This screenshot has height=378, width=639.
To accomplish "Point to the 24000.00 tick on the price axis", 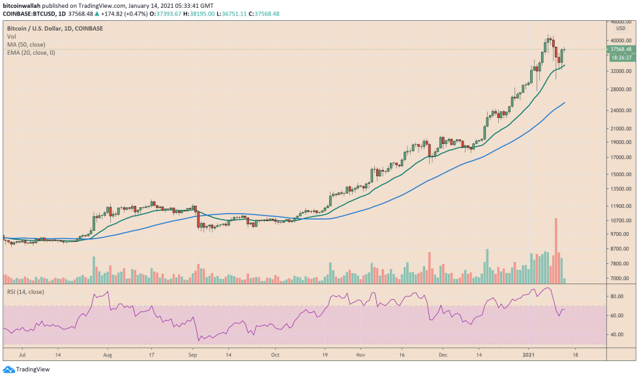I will point(620,111).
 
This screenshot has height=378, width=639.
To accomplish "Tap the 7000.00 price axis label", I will point(620,279).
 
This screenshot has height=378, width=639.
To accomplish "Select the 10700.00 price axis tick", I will point(620,221).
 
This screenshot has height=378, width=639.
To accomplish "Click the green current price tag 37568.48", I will point(620,49).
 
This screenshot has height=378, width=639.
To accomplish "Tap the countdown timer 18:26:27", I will point(620,57).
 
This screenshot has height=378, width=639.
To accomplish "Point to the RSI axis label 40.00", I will point(617,334).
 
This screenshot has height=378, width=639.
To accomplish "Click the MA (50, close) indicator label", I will point(26,44).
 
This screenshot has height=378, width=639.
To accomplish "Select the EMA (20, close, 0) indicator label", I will point(31,52).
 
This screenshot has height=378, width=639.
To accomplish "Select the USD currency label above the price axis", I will point(620,28).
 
